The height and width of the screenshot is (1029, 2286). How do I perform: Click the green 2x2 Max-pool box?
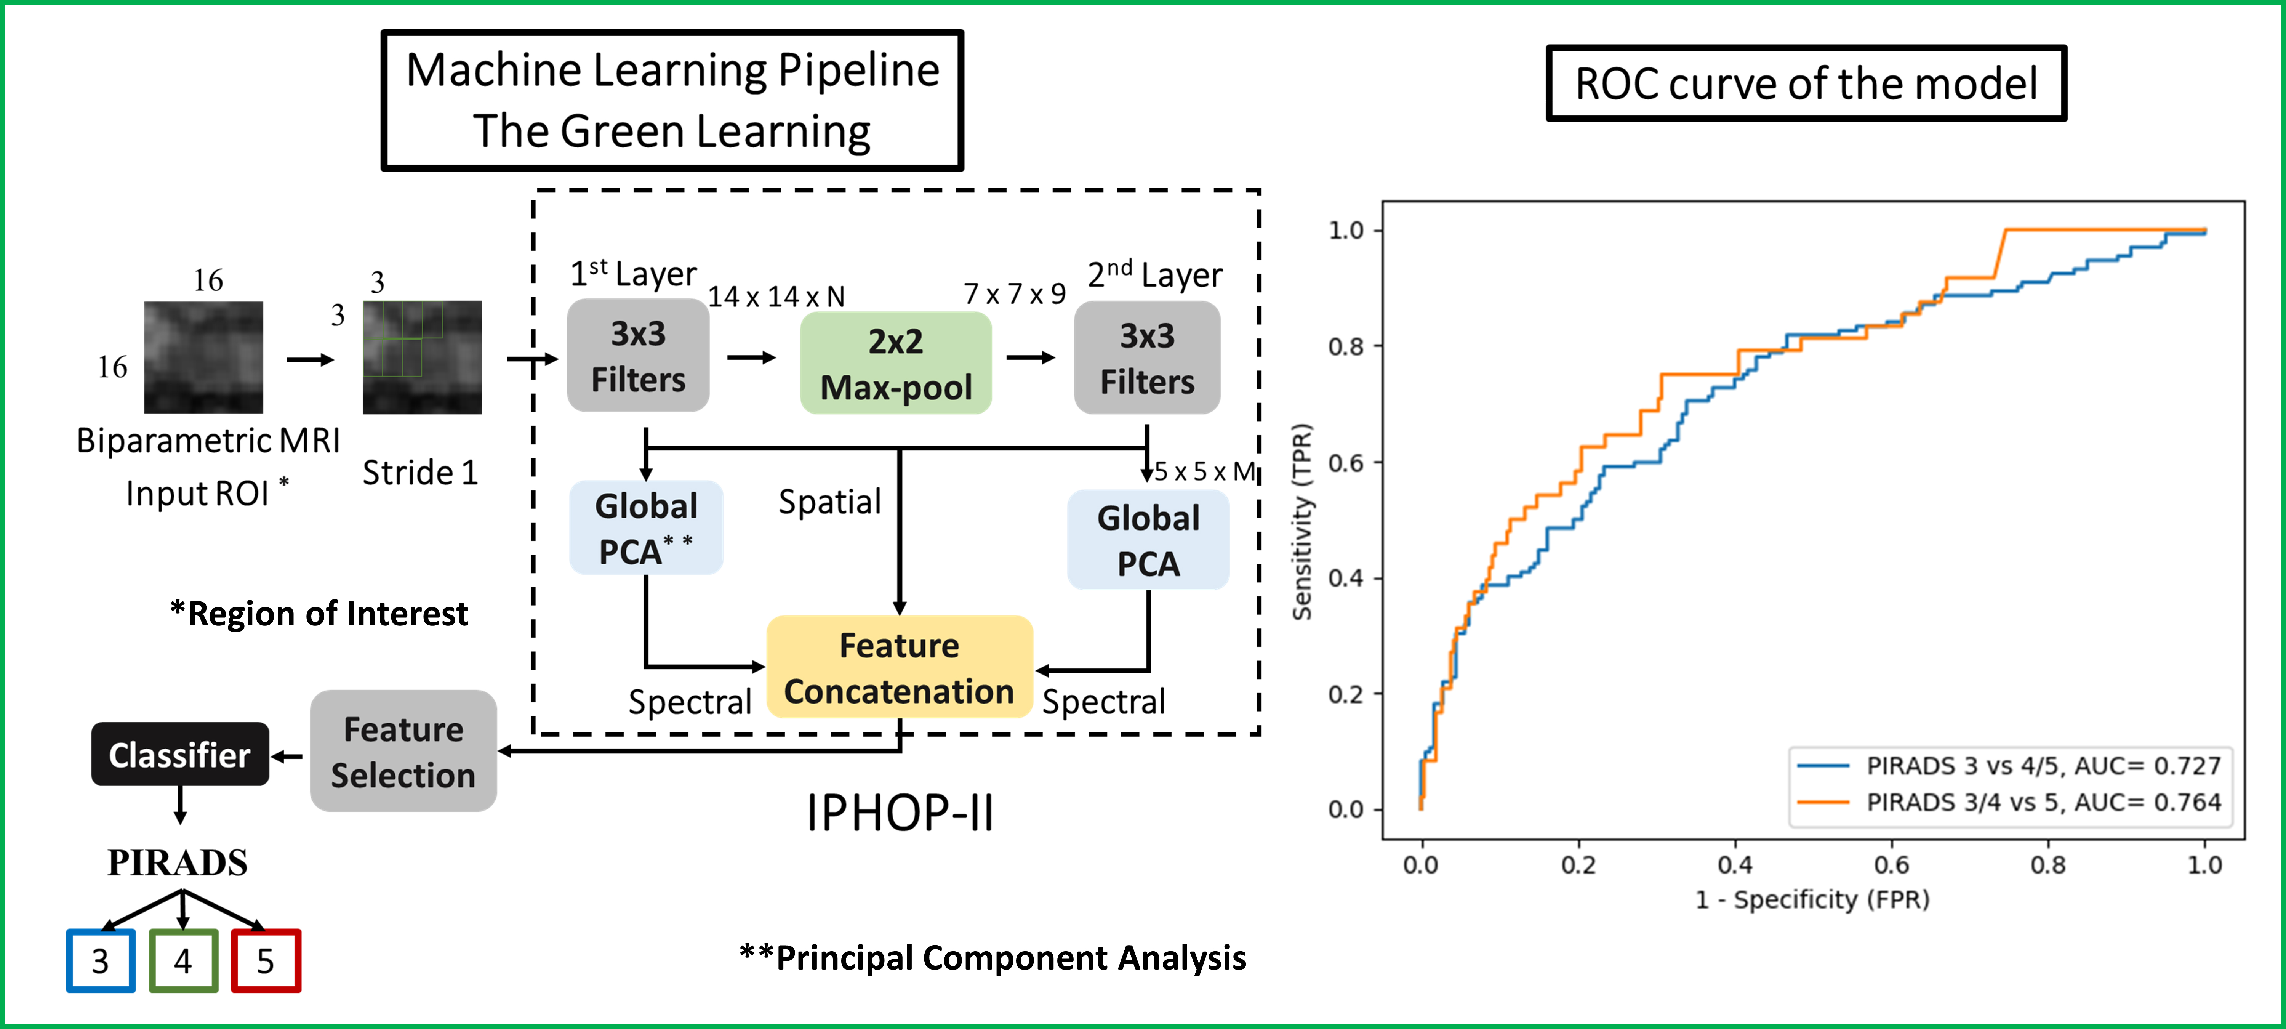pos(895,363)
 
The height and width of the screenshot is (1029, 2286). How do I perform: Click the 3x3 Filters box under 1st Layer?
pos(638,356)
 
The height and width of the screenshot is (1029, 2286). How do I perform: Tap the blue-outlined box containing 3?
pos(100,961)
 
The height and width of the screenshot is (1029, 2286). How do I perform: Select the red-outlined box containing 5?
pos(265,961)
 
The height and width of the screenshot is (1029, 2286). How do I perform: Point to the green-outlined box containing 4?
pos(183,961)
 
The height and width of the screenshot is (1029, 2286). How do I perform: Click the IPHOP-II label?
pos(899,813)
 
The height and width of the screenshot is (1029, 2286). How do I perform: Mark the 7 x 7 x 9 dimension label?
pos(1014,294)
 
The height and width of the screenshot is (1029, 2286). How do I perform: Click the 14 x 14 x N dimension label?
pos(776,297)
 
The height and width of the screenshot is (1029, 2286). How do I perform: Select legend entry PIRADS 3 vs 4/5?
pos(2041,765)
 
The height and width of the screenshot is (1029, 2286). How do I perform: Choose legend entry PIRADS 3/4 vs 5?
pos(2041,803)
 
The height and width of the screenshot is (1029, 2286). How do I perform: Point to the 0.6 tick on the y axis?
pos(1345,463)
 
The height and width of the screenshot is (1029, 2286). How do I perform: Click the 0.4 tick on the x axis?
pos(1735,865)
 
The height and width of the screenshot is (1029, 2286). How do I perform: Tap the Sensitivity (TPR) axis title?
pos(1302,522)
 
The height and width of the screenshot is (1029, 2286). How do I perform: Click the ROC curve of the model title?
pos(1806,83)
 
